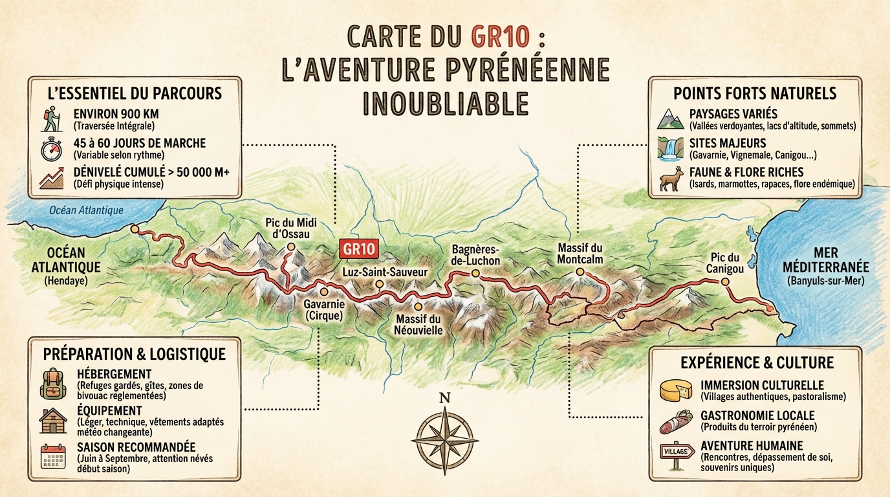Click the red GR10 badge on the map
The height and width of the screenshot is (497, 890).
[357, 250]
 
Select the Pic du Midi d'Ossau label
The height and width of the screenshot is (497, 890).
[287, 228]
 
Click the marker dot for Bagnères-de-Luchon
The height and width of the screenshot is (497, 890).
[475, 274]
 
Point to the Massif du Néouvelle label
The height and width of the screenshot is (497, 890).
[418, 324]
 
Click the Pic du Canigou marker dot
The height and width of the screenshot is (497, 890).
[724, 282]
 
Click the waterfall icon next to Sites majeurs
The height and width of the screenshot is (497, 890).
[670, 148]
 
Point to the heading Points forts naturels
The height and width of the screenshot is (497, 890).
[755, 93]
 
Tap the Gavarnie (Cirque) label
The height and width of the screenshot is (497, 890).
[323, 309]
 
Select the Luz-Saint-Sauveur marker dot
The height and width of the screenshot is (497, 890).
[379, 284]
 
